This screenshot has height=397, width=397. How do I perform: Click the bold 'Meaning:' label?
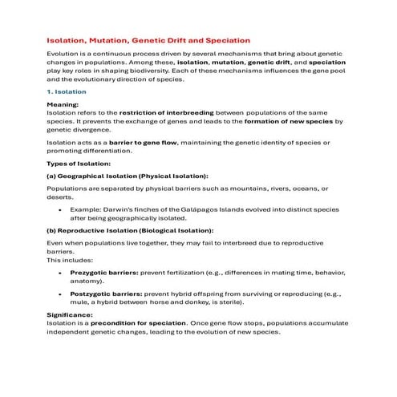(x=63, y=105)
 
